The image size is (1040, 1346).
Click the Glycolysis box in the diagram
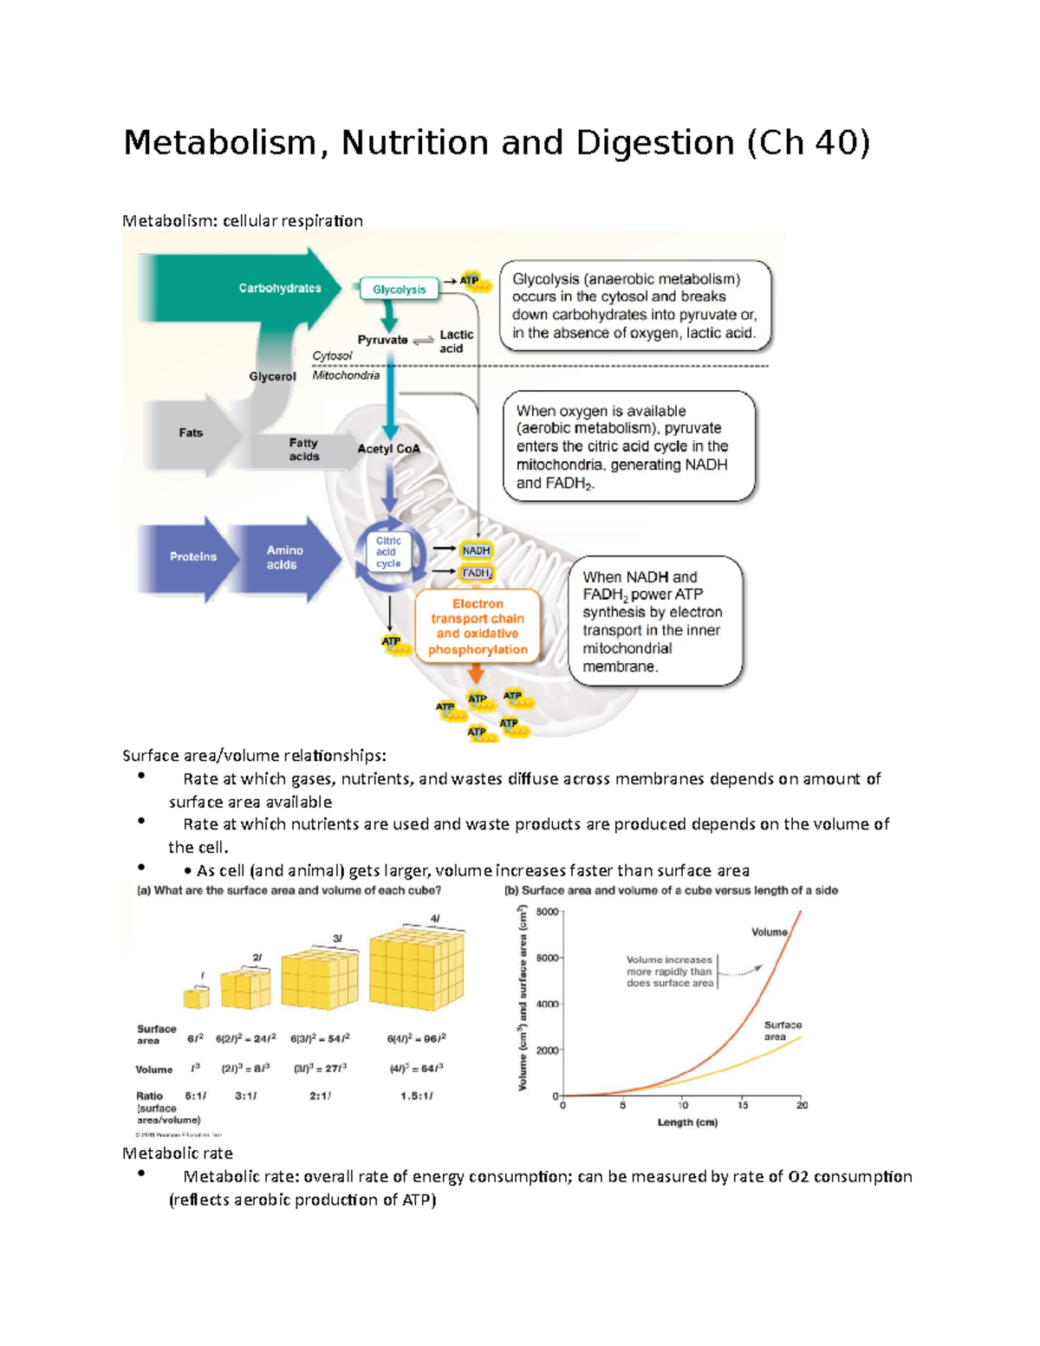coord(399,289)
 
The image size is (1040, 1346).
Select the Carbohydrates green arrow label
coord(279,288)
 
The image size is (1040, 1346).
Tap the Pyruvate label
coord(382,340)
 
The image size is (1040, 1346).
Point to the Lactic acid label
coord(455,341)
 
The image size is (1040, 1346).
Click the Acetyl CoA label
coord(388,449)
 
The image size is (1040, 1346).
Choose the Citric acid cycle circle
coord(388,552)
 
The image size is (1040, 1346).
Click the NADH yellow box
coord(476,550)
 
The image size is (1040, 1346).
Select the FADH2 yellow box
coord(477,573)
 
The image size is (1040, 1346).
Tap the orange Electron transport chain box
coord(478,627)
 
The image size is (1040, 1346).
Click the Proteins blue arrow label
coord(192,556)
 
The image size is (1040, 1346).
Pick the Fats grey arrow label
coord(191,432)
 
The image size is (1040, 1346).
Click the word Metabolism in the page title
coord(220,142)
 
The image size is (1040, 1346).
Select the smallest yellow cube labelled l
coord(197,998)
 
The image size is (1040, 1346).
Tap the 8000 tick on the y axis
coord(547,912)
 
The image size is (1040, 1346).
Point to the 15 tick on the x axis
coord(743,1105)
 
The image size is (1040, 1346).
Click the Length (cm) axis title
coord(687,1122)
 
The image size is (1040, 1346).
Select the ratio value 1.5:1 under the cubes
coord(416,1096)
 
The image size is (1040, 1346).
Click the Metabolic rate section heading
coord(178,1154)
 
